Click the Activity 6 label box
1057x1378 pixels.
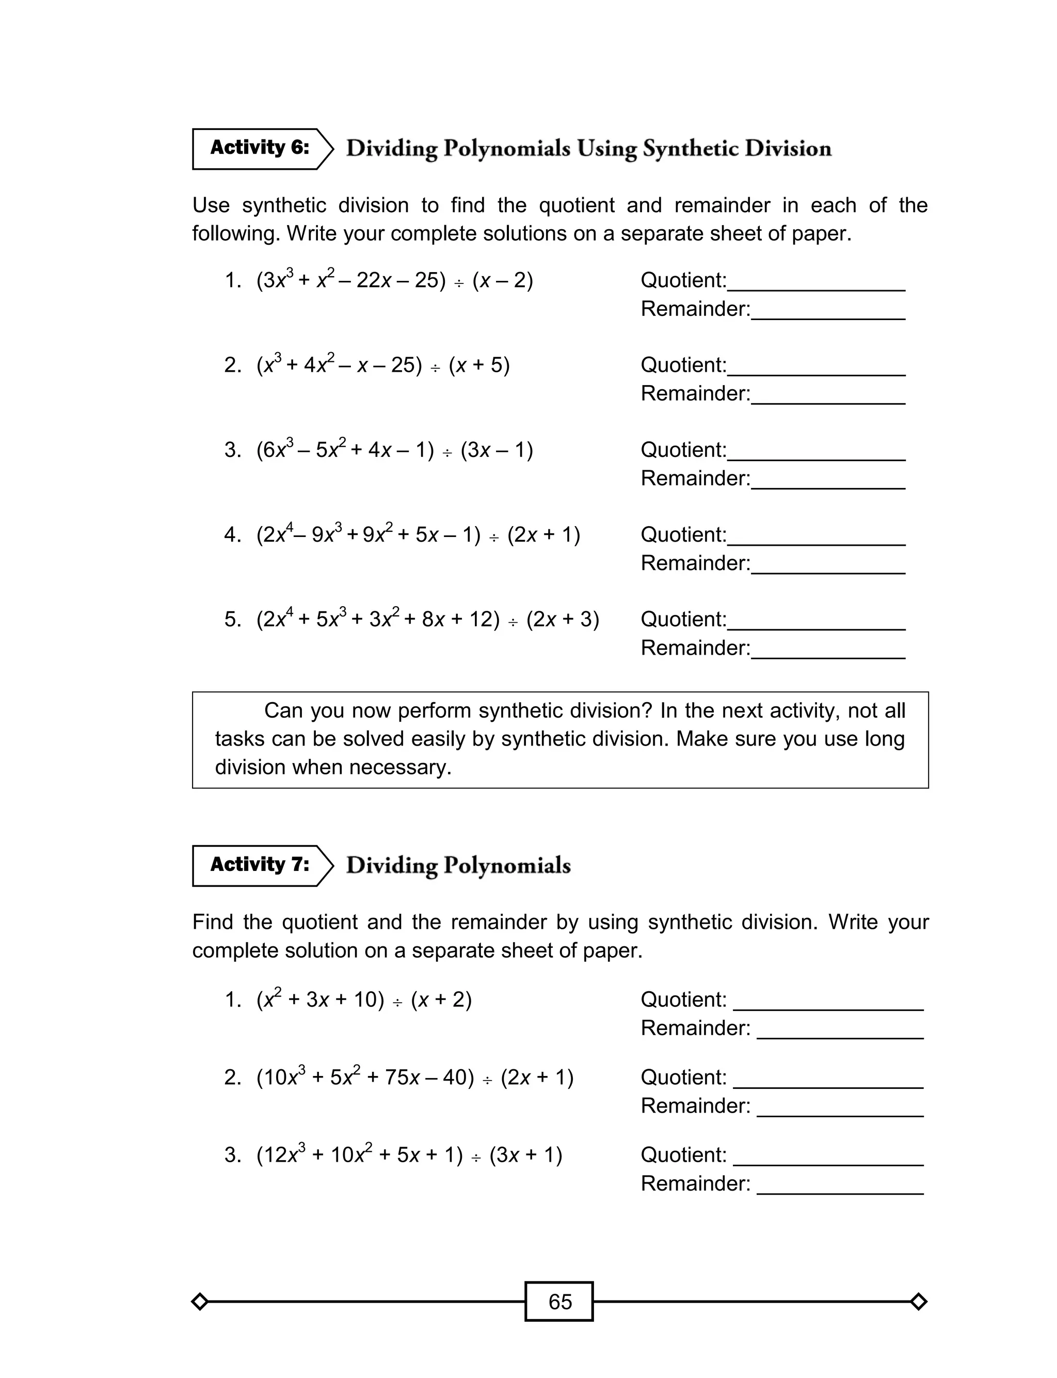coord(260,149)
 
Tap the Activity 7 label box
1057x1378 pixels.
coord(260,865)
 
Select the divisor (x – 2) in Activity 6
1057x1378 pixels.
coord(503,280)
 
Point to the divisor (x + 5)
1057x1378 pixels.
coord(479,365)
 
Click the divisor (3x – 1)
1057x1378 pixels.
coord(497,450)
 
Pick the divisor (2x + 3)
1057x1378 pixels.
coord(563,620)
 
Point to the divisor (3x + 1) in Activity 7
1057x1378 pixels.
coord(525,1155)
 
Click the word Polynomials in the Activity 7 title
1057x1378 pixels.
coord(507,866)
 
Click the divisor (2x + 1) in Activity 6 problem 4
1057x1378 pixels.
coord(543,535)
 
